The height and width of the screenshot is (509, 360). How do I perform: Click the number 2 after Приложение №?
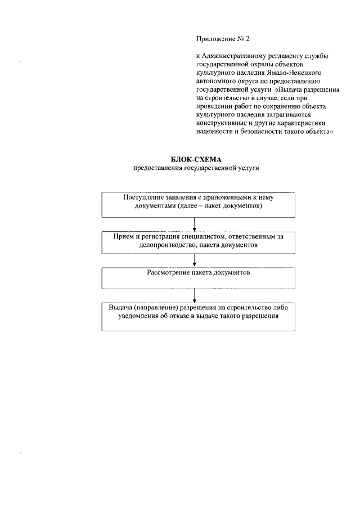click(x=246, y=39)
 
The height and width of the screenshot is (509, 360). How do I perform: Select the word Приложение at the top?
click(x=213, y=39)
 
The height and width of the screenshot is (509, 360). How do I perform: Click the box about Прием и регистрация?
click(x=194, y=242)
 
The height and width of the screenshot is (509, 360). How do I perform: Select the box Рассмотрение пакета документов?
click(x=194, y=278)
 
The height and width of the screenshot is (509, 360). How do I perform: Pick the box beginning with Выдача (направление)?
click(x=194, y=317)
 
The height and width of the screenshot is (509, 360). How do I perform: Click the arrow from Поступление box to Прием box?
click(x=194, y=224)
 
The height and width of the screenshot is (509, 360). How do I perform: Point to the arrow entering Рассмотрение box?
click(x=194, y=261)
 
